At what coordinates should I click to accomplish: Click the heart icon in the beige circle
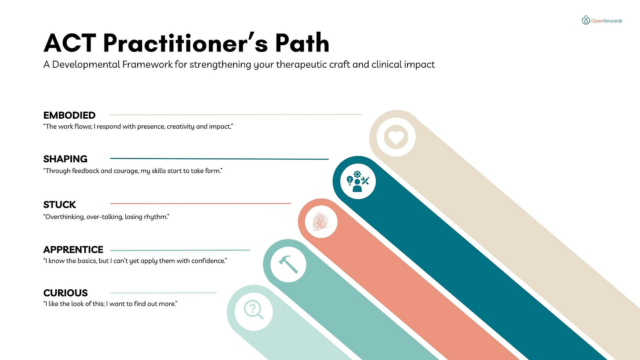point(396,137)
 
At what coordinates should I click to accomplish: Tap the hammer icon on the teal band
point(288,264)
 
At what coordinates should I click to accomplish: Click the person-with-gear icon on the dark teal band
point(358,180)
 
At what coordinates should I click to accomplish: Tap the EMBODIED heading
point(69,115)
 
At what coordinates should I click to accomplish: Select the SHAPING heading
point(65,159)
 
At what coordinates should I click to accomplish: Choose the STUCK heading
point(60,204)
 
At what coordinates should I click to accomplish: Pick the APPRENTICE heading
point(73,250)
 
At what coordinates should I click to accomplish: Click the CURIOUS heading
point(65,293)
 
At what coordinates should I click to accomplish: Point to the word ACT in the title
point(70,43)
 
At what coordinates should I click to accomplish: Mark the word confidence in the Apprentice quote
point(207,261)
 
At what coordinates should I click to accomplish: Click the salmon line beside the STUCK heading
point(200,204)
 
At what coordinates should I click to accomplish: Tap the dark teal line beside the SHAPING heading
point(219,159)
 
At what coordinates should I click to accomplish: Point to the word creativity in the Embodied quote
point(181,127)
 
